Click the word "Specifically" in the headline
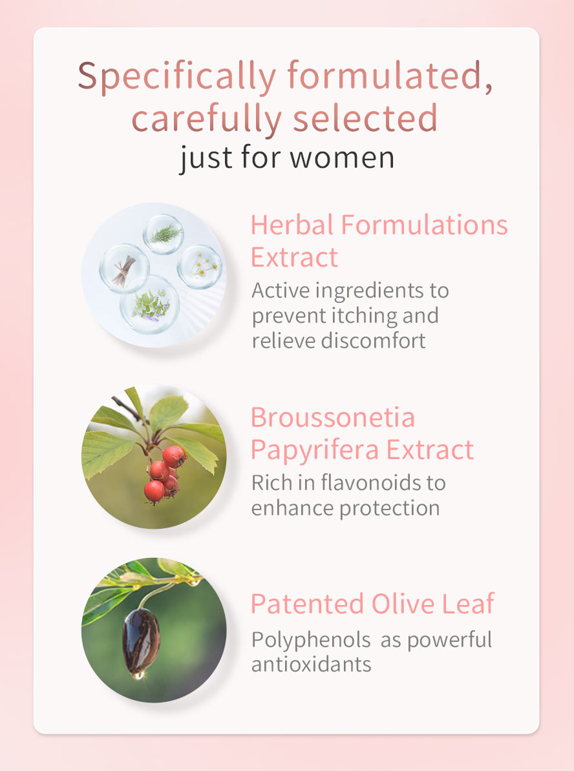tap(176, 77)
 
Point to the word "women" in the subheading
tap(342, 158)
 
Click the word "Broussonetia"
tap(333, 418)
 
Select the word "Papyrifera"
tap(315, 451)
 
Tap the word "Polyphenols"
tap(311, 640)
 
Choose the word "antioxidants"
tap(312, 664)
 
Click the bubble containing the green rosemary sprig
tap(164, 234)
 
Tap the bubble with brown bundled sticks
tap(124, 269)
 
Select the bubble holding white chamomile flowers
tap(199, 267)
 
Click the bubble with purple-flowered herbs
tap(150, 304)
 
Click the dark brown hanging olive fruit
tap(141, 641)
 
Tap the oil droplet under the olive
tap(138, 675)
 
